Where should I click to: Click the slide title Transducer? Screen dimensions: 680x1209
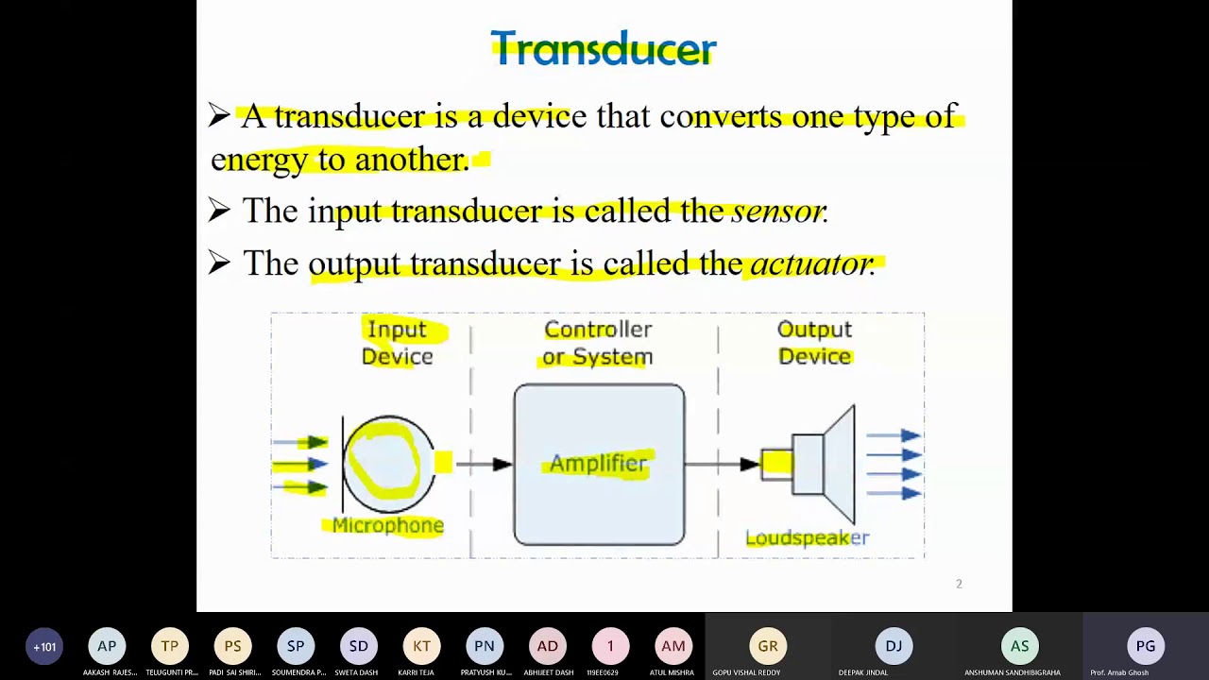604,48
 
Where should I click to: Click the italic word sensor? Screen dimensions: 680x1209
778,211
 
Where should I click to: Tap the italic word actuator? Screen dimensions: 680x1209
810,263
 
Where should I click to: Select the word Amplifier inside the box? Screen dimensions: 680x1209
599,464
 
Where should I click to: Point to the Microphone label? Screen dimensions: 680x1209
388,525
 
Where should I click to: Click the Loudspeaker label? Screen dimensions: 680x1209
807,537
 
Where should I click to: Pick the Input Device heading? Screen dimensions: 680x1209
398,342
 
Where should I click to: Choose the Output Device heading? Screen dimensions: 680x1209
814,342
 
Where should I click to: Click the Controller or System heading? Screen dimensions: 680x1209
598,342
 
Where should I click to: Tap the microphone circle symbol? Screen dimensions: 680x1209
388,464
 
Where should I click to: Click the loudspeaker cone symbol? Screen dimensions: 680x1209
839,464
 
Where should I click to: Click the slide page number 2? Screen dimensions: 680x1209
959,584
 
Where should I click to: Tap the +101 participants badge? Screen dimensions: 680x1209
44,647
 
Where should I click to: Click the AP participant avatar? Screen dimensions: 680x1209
107,646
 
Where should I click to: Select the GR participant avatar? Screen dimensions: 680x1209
768,646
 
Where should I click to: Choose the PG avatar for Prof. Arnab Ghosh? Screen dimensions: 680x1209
1146,646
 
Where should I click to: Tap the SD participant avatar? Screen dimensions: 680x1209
358,646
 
